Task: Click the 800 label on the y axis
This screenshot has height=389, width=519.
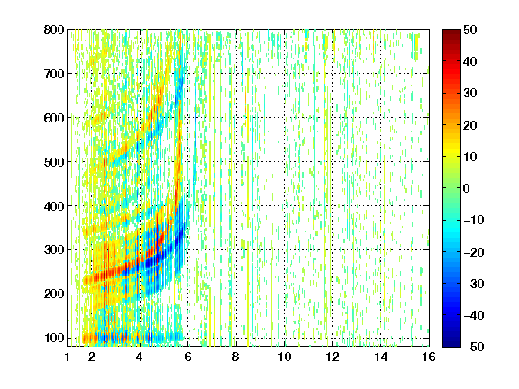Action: click(54, 30)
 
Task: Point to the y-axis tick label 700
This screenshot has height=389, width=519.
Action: click(54, 74)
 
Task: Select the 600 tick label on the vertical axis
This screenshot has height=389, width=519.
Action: click(54, 118)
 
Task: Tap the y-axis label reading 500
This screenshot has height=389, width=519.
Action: click(54, 162)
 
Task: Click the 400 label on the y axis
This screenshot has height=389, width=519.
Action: click(54, 206)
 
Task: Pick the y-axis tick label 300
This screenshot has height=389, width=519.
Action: click(54, 249)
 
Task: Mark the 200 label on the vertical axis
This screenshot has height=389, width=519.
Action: click(54, 294)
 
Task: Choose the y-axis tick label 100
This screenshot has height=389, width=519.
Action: click(54, 338)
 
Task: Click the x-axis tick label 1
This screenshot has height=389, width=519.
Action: click(68, 357)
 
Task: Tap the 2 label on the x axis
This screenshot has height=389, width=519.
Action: click(91, 357)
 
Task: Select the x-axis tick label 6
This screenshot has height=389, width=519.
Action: click(187, 357)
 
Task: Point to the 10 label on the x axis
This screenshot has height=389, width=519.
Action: click(285, 357)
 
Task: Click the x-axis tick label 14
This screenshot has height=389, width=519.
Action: click(381, 357)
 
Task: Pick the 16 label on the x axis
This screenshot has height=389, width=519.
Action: click(429, 357)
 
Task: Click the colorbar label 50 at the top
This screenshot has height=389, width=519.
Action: click(470, 30)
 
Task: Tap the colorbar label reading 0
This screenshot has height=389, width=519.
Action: click(466, 188)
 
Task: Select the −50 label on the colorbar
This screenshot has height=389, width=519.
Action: click(474, 347)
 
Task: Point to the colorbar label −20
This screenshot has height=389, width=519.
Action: click(474, 252)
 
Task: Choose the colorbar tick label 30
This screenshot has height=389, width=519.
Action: click(470, 93)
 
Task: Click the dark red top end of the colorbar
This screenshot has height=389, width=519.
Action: click(451, 32)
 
